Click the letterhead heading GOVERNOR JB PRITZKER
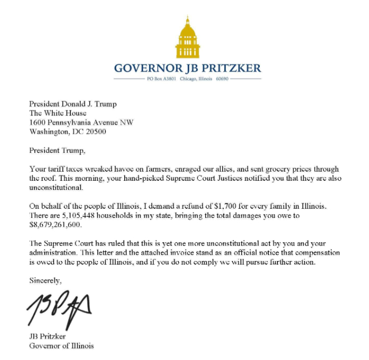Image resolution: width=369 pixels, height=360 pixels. click(188, 68)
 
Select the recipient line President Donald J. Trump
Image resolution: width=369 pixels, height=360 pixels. click(73, 104)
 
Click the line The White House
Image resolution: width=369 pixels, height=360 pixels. click(58, 113)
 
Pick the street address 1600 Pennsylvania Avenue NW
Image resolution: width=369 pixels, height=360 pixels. click(81, 122)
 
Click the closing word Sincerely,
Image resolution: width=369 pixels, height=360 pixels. click(46, 280)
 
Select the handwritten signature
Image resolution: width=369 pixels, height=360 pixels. click(59, 308)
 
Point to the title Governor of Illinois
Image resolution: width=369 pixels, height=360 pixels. click(61, 345)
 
